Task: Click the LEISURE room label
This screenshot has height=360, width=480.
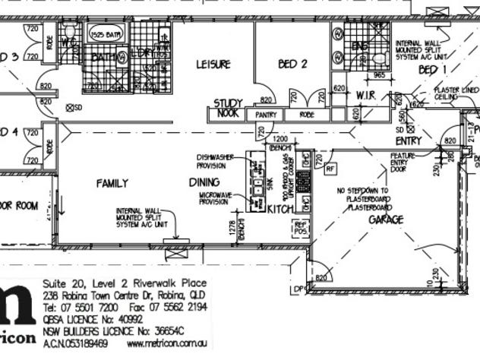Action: click(x=213, y=65)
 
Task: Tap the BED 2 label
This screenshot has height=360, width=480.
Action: click(x=292, y=65)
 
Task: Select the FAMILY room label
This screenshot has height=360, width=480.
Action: click(x=112, y=183)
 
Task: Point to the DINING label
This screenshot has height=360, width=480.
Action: click(x=204, y=182)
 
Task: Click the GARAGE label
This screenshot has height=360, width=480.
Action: click(x=385, y=219)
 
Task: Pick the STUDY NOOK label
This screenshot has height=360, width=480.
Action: click(x=226, y=108)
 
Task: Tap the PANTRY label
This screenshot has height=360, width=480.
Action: click(x=267, y=115)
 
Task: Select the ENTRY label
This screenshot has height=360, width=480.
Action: click(x=409, y=141)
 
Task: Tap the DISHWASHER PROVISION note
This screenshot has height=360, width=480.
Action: click(x=216, y=161)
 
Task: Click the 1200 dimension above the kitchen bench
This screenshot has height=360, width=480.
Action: click(x=279, y=140)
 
